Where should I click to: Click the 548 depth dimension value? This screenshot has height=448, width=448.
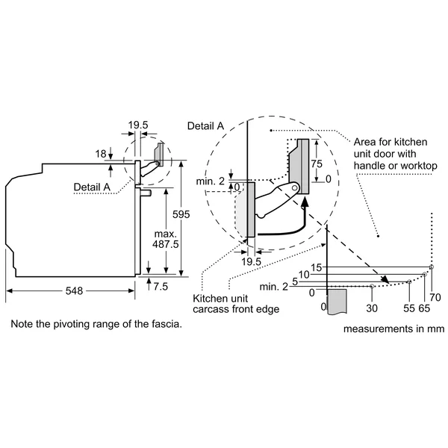click(74, 291)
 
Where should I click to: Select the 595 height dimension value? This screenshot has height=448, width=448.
click(181, 214)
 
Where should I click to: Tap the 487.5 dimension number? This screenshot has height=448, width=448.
click(166, 244)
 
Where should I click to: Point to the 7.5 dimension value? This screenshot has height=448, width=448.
click(161, 287)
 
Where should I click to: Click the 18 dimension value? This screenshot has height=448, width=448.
click(101, 154)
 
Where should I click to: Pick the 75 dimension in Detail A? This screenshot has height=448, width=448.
click(317, 164)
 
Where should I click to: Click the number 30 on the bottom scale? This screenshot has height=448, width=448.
click(372, 308)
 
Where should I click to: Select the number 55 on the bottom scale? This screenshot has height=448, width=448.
click(409, 308)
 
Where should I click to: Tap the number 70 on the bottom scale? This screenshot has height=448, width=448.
click(435, 297)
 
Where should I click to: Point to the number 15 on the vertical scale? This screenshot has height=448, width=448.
click(317, 268)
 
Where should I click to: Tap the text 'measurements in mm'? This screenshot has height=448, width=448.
click(394, 329)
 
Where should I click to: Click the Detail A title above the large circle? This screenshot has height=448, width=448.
click(205, 126)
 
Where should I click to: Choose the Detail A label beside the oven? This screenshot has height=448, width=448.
click(92, 187)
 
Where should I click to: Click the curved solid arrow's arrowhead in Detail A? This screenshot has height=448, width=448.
click(305, 202)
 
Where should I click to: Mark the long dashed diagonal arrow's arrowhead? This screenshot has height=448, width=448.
click(385, 279)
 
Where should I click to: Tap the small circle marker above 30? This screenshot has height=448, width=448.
click(372, 286)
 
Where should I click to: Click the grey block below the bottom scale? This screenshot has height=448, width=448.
click(337, 302)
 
